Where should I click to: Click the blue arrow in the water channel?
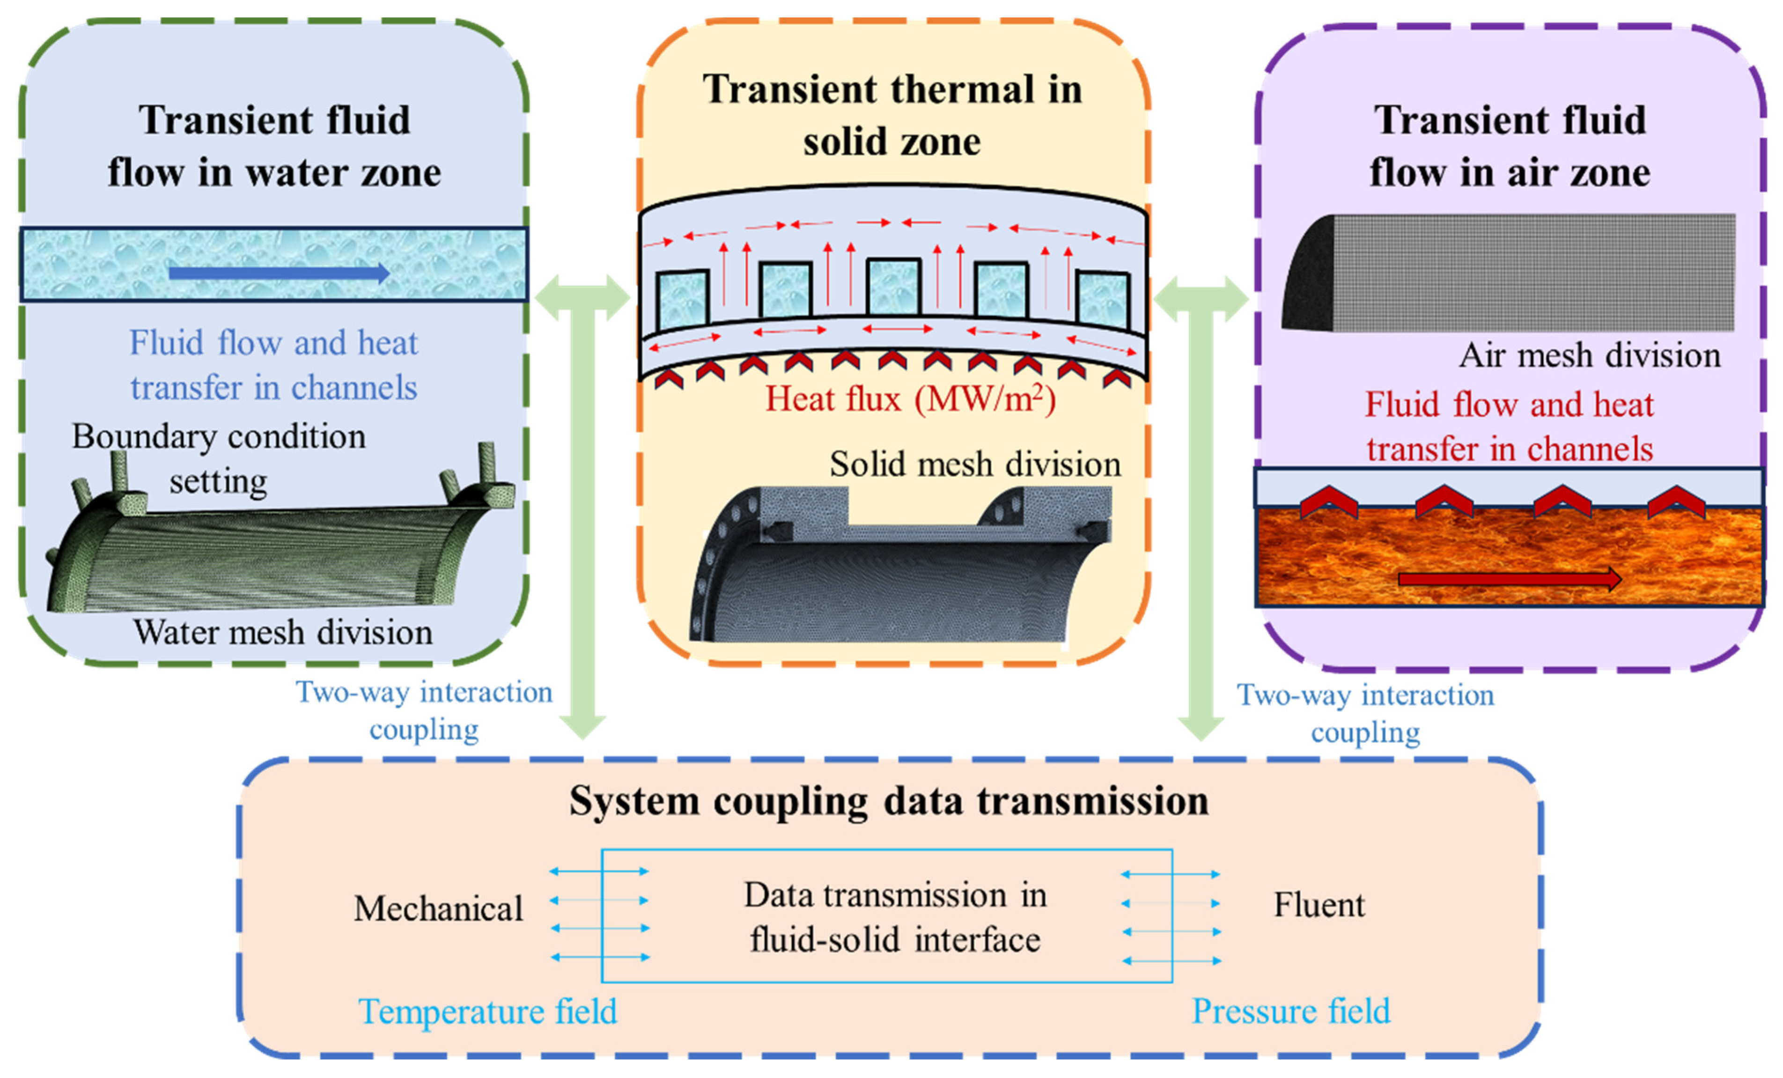(x=279, y=273)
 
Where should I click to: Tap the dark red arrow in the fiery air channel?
(x=1509, y=579)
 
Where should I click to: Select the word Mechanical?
(x=438, y=908)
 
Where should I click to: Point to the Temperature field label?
(x=488, y=1012)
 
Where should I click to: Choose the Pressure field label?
(x=1290, y=1012)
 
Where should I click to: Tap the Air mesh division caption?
(x=1589, y=355)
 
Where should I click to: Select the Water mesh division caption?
(x=282, y=632)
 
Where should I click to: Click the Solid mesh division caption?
(x=975, y=465)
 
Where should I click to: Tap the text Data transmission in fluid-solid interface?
(x=895, y=917)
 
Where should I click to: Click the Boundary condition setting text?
(x=219, y=459)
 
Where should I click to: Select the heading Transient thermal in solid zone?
(x=892, y=116)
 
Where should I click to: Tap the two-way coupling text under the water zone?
(x=424, y=710)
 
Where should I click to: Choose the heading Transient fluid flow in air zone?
(x=1510, y=146)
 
